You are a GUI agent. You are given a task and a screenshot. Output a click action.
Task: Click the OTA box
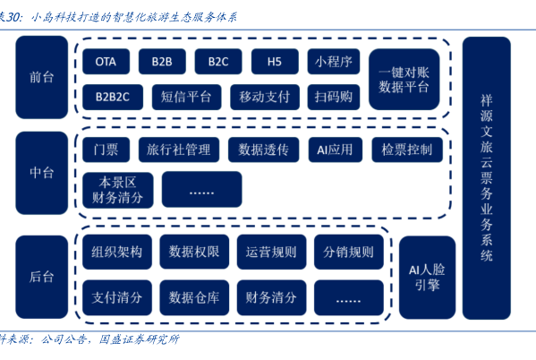(106, 62)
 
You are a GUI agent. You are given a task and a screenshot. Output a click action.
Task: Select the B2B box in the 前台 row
(162, 62)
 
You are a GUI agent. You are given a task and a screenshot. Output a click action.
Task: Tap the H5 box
(275, 62)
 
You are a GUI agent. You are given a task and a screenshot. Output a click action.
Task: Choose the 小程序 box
(333, 62)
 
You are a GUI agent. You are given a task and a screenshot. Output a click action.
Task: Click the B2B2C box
(113, 98)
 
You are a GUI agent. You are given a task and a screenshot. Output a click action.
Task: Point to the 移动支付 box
(265, 98)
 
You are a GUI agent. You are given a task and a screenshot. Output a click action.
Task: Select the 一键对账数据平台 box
(404, 80)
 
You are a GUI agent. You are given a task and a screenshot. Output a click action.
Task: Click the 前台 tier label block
(42, 77)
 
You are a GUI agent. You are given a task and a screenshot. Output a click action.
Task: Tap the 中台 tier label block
(42, 173)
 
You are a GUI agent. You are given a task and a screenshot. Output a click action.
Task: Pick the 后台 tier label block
(42, 277)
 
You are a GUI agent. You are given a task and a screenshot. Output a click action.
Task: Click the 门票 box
(106, 150)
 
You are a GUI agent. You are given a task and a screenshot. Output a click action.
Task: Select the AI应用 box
(335, 150)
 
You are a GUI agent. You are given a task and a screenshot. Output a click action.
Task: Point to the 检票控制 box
(407, 150)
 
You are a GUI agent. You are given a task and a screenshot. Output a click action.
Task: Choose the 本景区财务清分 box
(118, 190)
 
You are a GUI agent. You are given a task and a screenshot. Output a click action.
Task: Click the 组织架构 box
(117, 252)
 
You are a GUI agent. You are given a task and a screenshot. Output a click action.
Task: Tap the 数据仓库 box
(194, 297)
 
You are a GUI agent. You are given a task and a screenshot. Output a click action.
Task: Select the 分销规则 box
(349, 252)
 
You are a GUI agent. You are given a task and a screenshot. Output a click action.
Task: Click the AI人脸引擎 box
(428, 278)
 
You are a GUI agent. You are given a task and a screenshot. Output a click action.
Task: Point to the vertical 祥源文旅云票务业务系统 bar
(487, 178)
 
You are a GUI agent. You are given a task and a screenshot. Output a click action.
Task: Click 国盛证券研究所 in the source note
(139, 339)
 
